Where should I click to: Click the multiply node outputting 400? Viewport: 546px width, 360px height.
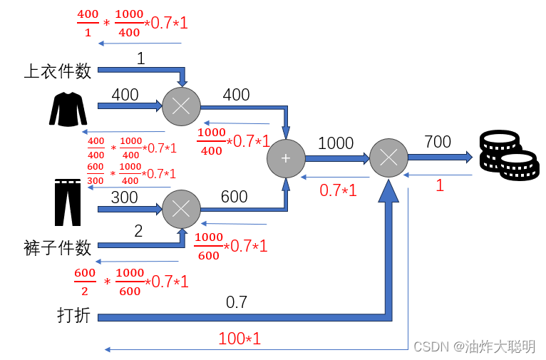point(181,107)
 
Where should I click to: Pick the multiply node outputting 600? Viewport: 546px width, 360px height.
point(181,210)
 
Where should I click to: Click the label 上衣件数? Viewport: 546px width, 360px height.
point(58,71)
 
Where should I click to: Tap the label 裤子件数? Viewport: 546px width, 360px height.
point(58,248)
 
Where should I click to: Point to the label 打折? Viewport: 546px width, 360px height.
point(74,314)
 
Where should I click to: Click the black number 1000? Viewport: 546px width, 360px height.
point(335,143)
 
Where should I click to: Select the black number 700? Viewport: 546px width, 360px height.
point(437,142)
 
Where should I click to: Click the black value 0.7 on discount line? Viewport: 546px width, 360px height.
point(237,302)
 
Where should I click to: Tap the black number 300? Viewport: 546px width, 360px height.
point(125,197)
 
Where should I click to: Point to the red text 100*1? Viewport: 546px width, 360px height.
point(239,339)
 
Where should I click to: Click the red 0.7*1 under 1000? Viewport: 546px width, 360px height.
point(338,190)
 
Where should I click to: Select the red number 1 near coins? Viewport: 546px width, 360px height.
point(440,185)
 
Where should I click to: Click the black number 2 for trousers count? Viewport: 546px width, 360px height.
point(138,231)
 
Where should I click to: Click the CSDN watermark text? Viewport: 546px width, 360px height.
point(474,346)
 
